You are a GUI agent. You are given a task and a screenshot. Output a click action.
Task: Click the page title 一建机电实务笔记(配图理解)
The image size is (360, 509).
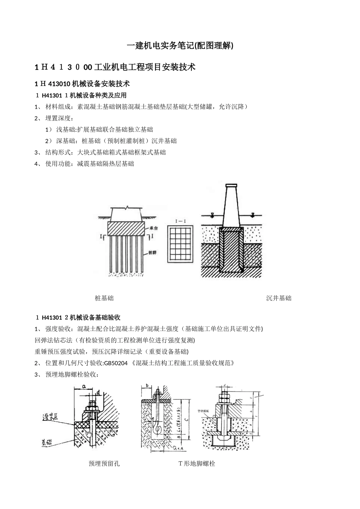(x=180, y=46)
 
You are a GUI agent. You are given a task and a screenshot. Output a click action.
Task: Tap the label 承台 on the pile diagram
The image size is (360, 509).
(x=154, y=228)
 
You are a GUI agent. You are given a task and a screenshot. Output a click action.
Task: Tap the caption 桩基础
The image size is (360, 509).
(x=104, y=298)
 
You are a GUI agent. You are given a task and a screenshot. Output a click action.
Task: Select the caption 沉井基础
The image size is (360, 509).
(x=279, y=298)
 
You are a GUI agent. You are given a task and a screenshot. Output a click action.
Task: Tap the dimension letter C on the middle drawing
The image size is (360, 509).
(x=186, y=419)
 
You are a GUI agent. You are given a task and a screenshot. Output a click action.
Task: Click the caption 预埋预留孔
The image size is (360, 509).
(x=104, y=463)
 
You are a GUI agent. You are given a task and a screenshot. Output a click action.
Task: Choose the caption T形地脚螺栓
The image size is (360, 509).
(x=197, y=463)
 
